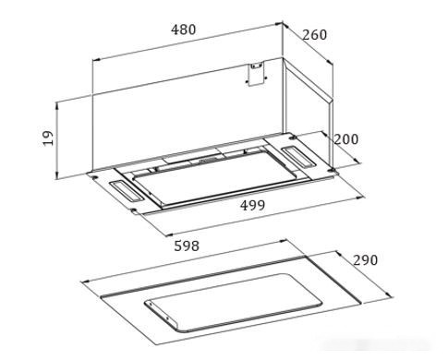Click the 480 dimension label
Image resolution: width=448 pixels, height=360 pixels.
[183, 30]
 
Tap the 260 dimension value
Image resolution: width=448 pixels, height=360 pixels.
[314, 35]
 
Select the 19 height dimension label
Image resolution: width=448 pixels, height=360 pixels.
[48, 138]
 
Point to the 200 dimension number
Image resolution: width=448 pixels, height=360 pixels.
[346, 139]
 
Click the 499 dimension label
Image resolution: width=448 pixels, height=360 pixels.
[252, 205]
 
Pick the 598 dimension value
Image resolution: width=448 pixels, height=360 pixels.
[187, 246]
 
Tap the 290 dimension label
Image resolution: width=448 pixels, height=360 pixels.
[365, 260]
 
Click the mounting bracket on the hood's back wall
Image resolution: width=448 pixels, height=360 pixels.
[257, 74]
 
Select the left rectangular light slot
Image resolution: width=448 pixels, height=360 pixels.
[127, 191]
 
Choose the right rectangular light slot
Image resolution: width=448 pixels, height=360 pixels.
[297, 158]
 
